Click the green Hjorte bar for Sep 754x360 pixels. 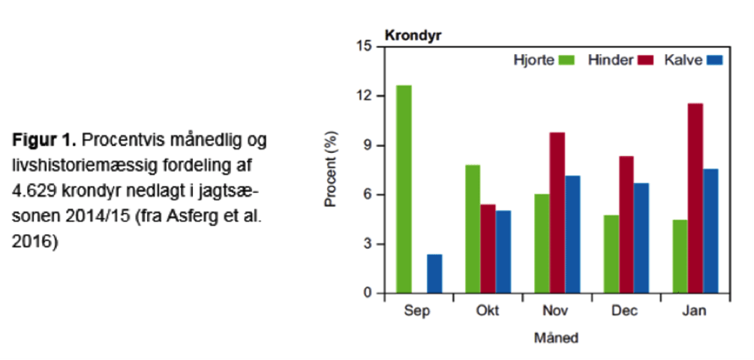point(404,189)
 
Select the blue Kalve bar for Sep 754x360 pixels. point(434,274)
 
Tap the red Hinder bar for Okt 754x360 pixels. point(488,248)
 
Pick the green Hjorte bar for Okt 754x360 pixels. point(473,229)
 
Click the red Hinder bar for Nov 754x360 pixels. point(557,212)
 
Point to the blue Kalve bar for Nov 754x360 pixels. point(572,234)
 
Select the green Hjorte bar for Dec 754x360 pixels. point(611,254)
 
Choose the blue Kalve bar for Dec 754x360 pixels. point(641,238)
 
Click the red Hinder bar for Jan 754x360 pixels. point(695,198)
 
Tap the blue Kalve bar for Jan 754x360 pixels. point(710,231)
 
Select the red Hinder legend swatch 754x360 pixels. point(646,60)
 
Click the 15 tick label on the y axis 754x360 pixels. point(365,46)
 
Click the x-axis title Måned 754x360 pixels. point(556,337)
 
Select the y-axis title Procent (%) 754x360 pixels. point(331,169)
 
